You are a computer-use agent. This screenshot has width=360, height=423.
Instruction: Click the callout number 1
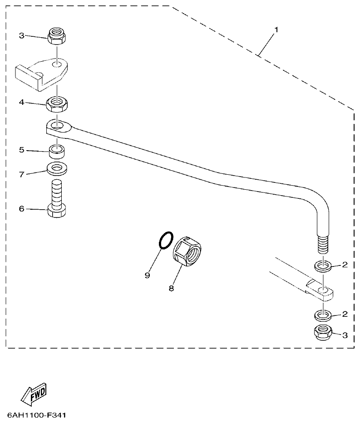(x=276, y=30)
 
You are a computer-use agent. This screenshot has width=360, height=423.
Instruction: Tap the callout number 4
(x=21, y=103)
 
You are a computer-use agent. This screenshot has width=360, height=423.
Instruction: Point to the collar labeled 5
(x=57, y=150)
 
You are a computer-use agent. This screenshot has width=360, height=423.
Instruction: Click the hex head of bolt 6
(x=57, y=211)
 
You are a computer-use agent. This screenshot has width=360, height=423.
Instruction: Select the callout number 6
(x=21, y=208)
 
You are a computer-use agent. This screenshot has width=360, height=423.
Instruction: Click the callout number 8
(x=171, y=288)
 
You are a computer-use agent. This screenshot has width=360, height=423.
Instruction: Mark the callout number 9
(x=147, y=275)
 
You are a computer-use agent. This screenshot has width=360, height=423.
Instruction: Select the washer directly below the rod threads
(x=323, y=265)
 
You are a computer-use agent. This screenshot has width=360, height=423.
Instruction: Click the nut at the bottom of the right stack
(x=323, y=333)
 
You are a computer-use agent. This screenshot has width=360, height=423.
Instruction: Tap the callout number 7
(x=21, y=174)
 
